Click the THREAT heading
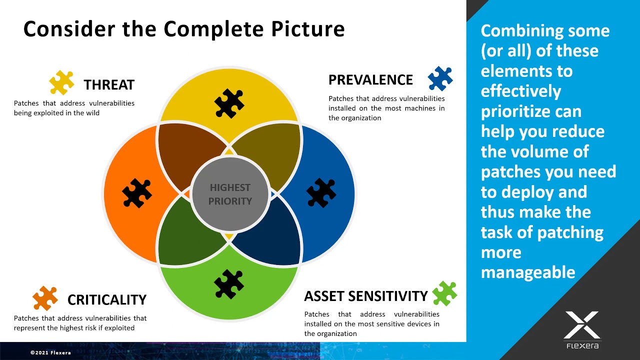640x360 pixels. click(x=109, y=85)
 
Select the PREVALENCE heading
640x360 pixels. click(x=370, y=80)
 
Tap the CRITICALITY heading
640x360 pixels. click(x=106, y=300)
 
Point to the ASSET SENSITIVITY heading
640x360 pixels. click(x=365, y=296)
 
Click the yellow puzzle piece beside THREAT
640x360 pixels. click(x=61, y=83)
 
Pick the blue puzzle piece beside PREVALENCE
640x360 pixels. click(x=440, y=78)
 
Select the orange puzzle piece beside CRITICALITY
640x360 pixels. click(x=45, y=298)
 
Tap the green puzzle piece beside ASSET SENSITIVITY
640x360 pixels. click(x=444, y=293)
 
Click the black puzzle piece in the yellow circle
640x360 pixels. click(x=229, y=103)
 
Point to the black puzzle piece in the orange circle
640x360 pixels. click(x=137, y=193)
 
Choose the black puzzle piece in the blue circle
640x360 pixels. click(x=321, y=193)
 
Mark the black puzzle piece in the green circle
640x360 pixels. click(x=229, y=284)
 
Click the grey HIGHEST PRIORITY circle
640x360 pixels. click(x=230, y=194)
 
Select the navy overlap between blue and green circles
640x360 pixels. click(x=270, y=235)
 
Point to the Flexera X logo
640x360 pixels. click(x=582, y=326)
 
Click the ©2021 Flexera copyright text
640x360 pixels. click(x=50, y=352)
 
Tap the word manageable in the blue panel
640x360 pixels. click(x=527, y=272)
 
